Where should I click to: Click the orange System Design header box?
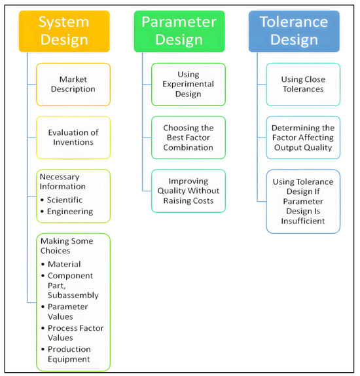tap(64, 31)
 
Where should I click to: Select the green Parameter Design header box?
tap(179, 31)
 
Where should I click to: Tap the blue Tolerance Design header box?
tap(294, 31)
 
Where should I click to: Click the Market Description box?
tap(73, 85)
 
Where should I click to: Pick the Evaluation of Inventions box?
tap(73, 138)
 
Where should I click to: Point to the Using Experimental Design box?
tap(189, 85)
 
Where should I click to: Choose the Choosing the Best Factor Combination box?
tap(189, 138)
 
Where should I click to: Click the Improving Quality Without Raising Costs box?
tap(189, 191)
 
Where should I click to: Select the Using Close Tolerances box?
tap(303, 85)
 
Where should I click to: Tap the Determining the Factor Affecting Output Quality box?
tap(303, 138)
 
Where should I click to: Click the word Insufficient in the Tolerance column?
tap(303, 221)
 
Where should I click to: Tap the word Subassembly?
tap(73, 295)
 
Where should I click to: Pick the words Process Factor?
tap(76, 328)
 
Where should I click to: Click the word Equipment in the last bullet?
tap(69, 359)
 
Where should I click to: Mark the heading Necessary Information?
tap(63, 181)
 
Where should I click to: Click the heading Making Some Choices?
tap(67, 246)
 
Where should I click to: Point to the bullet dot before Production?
tap(43, 349)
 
